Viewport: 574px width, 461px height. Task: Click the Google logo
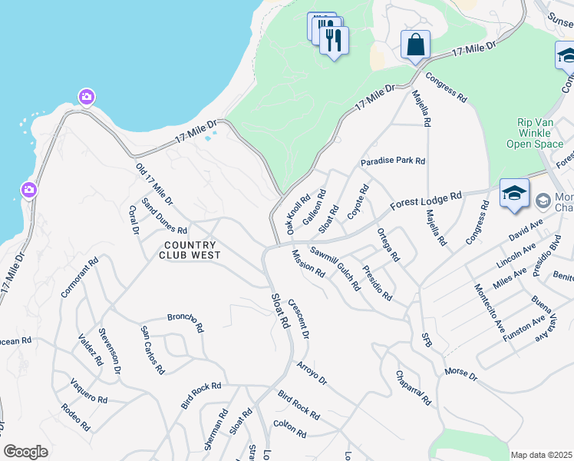(25, 452)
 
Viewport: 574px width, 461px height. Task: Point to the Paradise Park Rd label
(393, 161)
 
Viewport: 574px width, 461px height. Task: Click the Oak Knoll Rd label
(298, 214)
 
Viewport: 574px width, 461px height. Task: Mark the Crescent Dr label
(299, 319)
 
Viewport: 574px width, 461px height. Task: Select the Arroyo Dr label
(312, 373)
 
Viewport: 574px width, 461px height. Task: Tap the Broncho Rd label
(185, 321)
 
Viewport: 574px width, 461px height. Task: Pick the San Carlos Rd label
(152, 350)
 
